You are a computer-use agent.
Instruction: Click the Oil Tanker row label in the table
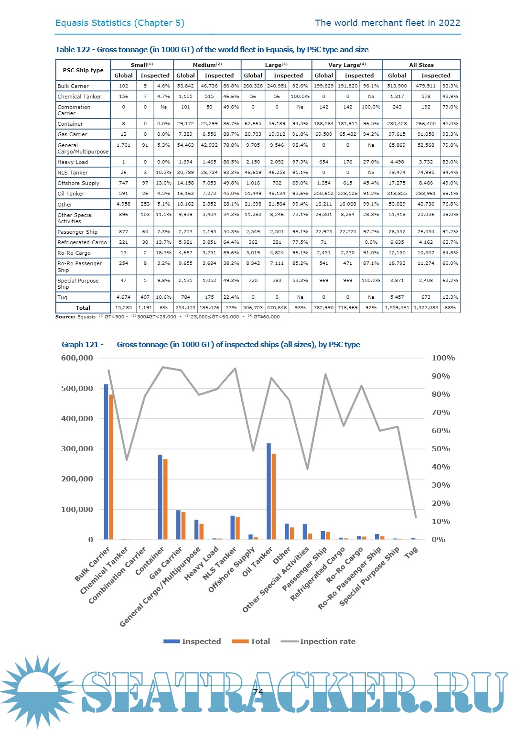[x=71, y=194]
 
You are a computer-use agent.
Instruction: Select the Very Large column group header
[x=347, y=65]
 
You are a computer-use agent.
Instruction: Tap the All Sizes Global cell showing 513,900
[x=397, y=86]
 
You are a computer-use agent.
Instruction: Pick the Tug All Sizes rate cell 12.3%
[x=450, y=297]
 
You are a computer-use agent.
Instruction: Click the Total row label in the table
[x=83, y=308]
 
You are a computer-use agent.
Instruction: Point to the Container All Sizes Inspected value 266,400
[x=426, y=124]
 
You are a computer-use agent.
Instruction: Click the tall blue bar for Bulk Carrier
[x=106, y=461]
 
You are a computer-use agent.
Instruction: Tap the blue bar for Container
[x=160, y=497]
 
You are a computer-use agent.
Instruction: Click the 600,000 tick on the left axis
[x=77, y=358]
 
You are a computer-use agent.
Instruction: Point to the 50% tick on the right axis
[x=441, y=449]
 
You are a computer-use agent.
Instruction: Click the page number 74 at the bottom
[x=258, y=692]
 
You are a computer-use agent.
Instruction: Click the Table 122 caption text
[x=212, y=50]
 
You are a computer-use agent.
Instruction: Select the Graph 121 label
[x=80, y=345]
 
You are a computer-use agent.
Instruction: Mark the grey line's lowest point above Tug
[x=416, y=517]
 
